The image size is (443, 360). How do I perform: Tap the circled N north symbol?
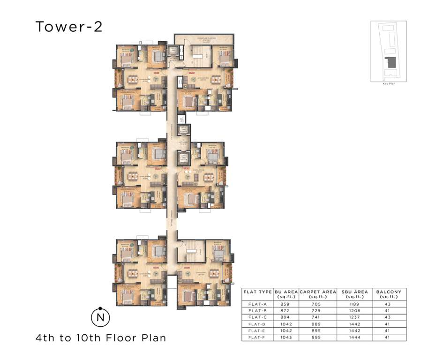[99, 316]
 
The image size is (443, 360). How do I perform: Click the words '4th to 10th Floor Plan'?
[101, 337]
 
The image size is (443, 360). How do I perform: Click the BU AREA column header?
[286, 294]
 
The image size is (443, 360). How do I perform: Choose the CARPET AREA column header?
[318, 294]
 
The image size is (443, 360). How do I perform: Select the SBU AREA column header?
[354, 294]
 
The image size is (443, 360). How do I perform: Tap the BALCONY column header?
[389, 294]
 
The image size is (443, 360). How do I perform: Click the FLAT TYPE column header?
[257, 292]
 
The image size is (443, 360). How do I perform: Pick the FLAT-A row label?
[257, 304]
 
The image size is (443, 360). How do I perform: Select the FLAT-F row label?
[257, 337]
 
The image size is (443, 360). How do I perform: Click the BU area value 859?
[286, 304]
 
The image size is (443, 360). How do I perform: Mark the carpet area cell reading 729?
[318, 311]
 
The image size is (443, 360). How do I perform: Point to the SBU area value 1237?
[354, 317]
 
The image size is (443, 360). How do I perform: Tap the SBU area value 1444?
[354, 337]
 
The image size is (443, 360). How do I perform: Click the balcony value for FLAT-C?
[389, 317]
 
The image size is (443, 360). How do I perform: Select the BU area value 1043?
[286, 337]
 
